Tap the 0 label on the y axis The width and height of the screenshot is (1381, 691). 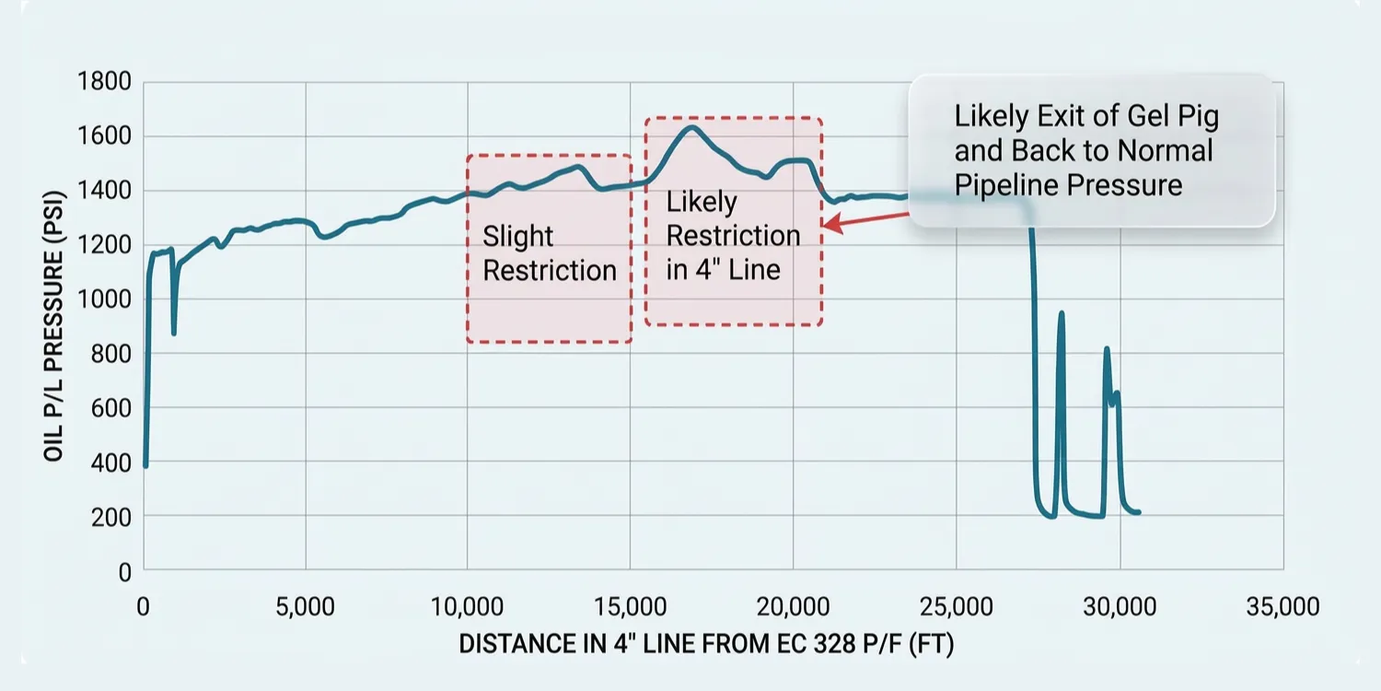click(x=124, y=570)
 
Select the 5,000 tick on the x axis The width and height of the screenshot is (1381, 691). click(x=305, y=607)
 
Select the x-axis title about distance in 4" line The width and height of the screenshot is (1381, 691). click(x=706, y=645)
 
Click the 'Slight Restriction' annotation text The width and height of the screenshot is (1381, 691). click(x=550, y=253)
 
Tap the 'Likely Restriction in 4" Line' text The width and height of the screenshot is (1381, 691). click(x=733, y=235)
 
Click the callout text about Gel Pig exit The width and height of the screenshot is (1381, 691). click(x=1086, y=150)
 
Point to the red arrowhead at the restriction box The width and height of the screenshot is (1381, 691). click(x=828, y=223)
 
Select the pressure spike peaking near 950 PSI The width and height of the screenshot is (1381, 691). click(x=1062, y=313)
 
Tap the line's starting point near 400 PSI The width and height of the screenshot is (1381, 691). click(x=145, y=465)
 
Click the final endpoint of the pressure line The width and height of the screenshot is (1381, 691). click(x=1139, y=512)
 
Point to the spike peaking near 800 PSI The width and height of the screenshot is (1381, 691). click(x=1107, y=349)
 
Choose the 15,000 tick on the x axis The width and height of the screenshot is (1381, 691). click(x=631, y=607)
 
